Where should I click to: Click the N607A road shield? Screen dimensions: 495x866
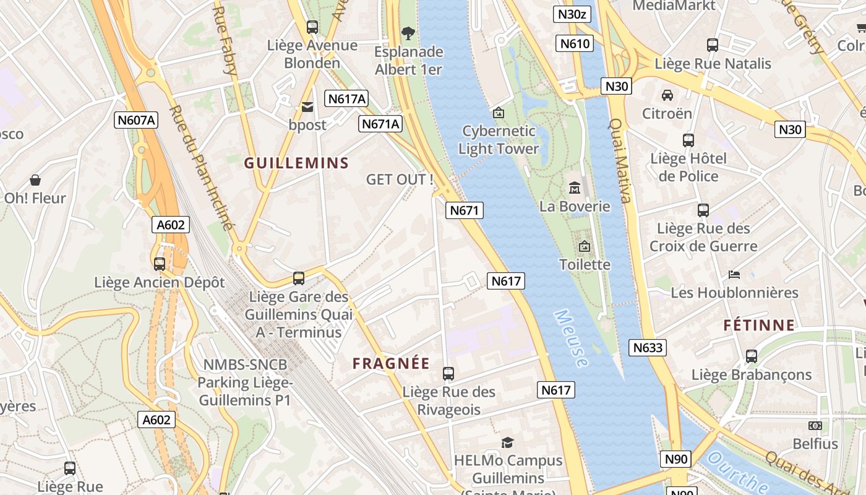pos(136,120)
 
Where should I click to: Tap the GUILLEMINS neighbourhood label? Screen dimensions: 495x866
pos(296,163)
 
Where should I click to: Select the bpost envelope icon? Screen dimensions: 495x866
pos(307,108)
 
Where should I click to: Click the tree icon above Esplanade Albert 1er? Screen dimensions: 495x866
pos(408,33)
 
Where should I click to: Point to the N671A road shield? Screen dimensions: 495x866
pos(380,124)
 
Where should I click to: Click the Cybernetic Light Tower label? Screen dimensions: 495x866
pos(499,140)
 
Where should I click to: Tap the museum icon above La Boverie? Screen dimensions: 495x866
pos(575,187)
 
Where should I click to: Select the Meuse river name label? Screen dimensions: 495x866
pos(571,338)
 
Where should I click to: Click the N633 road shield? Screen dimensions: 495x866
pos(648,348)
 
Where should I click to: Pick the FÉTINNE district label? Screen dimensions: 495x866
pos(759,325)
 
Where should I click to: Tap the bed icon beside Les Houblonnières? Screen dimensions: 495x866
pos(734,274)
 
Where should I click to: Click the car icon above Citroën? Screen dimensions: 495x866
pos(667,95)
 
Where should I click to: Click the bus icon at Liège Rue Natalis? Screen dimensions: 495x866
pos(713,45)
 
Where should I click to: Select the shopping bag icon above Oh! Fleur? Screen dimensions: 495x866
pos(35,180)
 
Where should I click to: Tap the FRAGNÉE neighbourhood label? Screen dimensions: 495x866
pos(391,364)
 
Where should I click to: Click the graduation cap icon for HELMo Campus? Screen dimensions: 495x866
pos(508,442)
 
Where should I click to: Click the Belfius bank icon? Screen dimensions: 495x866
pos(815,426)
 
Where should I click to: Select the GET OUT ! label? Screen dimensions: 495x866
pos(400,180)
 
